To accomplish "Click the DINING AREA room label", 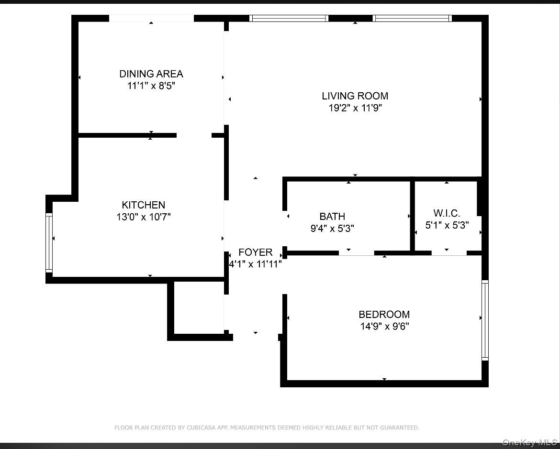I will point(151,74).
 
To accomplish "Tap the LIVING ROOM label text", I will point(355,96).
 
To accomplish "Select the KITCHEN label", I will point(143,205).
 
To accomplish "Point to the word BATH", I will point(332,217).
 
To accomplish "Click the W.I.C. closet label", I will point(447,213).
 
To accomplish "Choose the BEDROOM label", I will point(384,314).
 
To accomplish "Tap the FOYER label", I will point(255,252).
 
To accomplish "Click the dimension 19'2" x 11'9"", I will point(355,108).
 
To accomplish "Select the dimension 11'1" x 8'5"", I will point(151,86).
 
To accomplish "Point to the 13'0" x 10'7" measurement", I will point(143,217).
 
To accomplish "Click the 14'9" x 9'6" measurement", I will point(384,327).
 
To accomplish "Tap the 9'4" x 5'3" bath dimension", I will point(332,229).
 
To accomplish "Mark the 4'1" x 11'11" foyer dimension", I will point(255,263).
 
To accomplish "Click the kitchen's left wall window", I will point(49,242).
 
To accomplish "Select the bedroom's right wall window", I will point(485,319).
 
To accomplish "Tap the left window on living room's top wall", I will point(289,18).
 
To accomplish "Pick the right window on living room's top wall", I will point(412,18).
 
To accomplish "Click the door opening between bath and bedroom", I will point(356,252).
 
